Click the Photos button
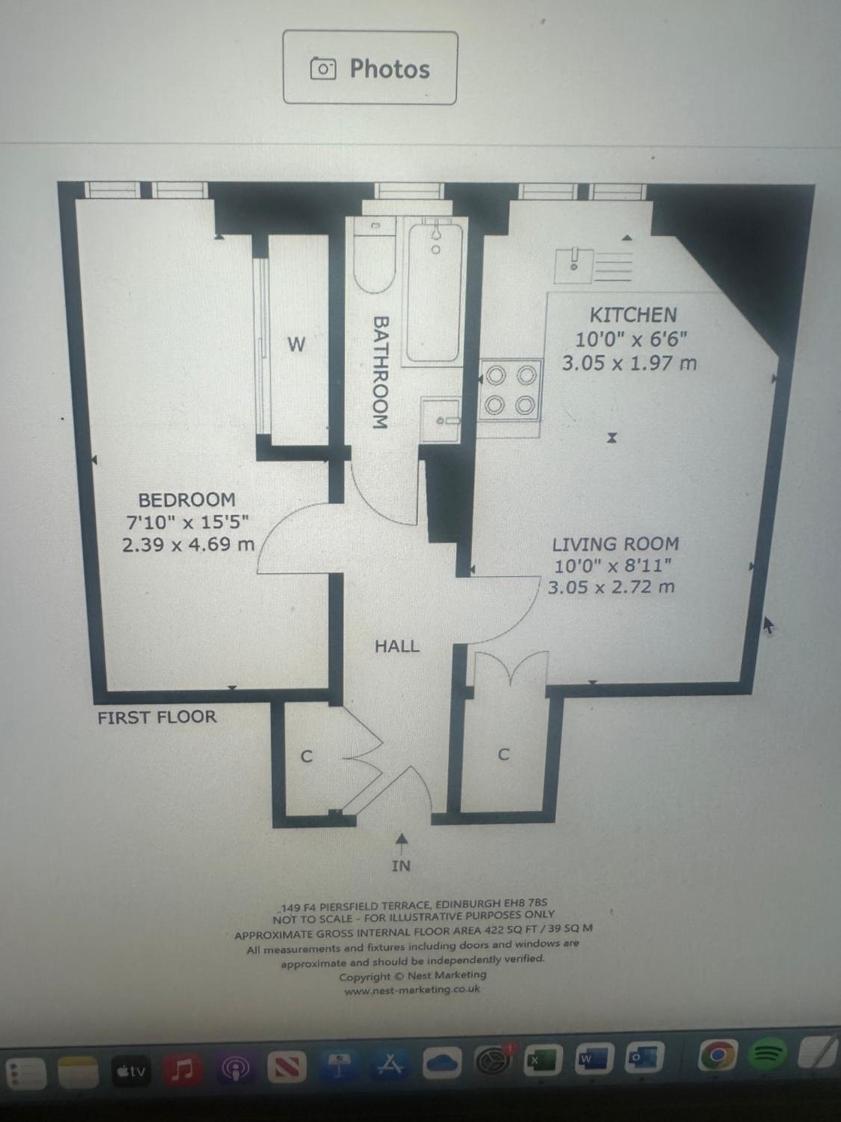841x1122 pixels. pyautogui.click(x=370, y=67)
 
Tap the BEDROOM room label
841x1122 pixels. pyautogui.click(x=187, y=500)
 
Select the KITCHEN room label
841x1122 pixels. pyautogui.click(x=633, y=315)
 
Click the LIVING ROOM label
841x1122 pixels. pyautogui.click(x=615, y=544)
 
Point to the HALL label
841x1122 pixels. pyautogui.click(x=397, y=646)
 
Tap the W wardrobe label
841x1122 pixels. pyautogui.click(x=296, y=345)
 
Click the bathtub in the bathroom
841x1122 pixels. pyautogui.click(x=434, y=293)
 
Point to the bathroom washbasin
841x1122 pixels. pyautogui.click(x=441, y=420)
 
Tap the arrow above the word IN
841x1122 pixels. pyautogui.click(x=401, y=843)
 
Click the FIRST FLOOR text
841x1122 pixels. pyautogui.click(x=157, y=717)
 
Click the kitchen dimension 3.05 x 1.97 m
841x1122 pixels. pyautogui.click(x=629, y=363)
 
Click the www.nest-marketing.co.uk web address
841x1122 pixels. pyautogui.click(x=412, y=990)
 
